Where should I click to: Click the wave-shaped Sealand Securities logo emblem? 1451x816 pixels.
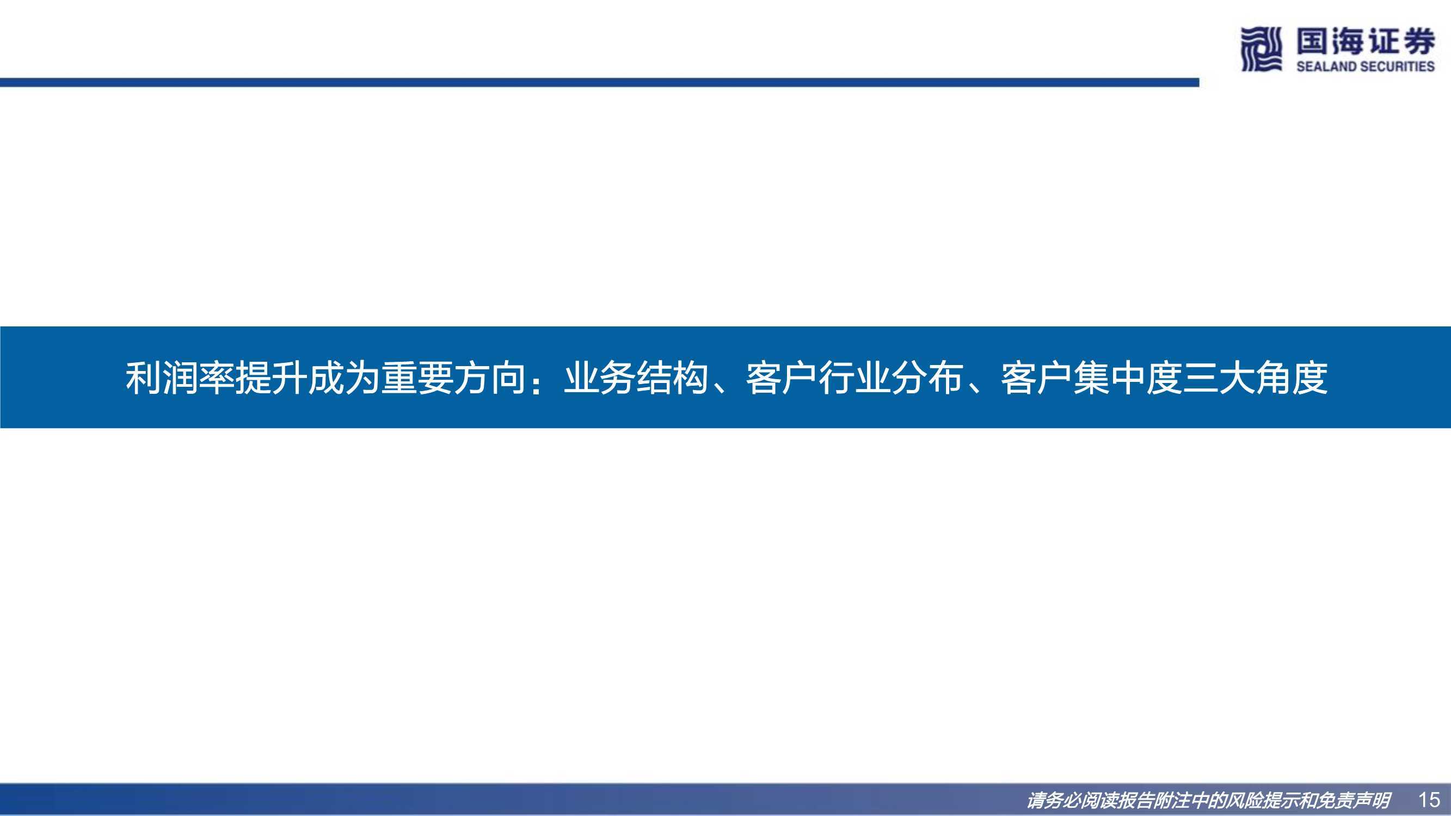(x=1262, y=50)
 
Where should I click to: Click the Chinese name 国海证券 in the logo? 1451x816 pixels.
(x=1366, y=42)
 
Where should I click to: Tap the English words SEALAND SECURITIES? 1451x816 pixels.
(x=1366, y=66)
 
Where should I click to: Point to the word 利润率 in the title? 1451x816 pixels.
(x=180, y=378)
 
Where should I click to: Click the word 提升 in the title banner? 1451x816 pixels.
(x=271, y=378)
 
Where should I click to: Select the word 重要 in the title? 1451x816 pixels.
(x=417, y=378)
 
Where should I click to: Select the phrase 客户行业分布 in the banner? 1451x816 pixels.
(x=854, y=378)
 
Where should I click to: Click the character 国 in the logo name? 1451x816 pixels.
(x=1312, y=42)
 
